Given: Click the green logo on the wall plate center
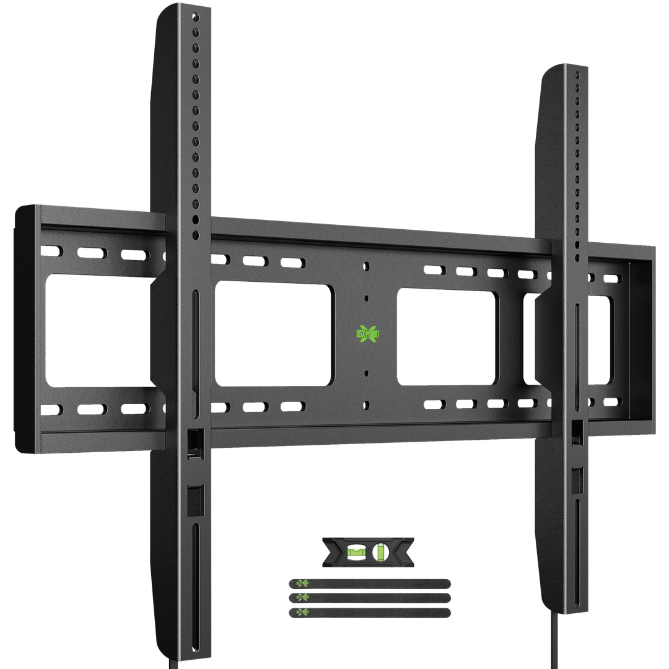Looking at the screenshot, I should coord(368,333).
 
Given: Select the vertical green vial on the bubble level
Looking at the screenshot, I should coord(381,550).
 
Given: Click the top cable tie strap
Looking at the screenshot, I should coord(370,584).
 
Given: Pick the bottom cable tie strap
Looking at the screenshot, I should coord(370,612).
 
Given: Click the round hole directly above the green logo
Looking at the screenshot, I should coord(367,266).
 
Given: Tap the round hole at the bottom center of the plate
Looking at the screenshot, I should coord(367,405).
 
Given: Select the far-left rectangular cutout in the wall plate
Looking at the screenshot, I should coord(99,332).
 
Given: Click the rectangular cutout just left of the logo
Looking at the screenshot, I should coord(274,334).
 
